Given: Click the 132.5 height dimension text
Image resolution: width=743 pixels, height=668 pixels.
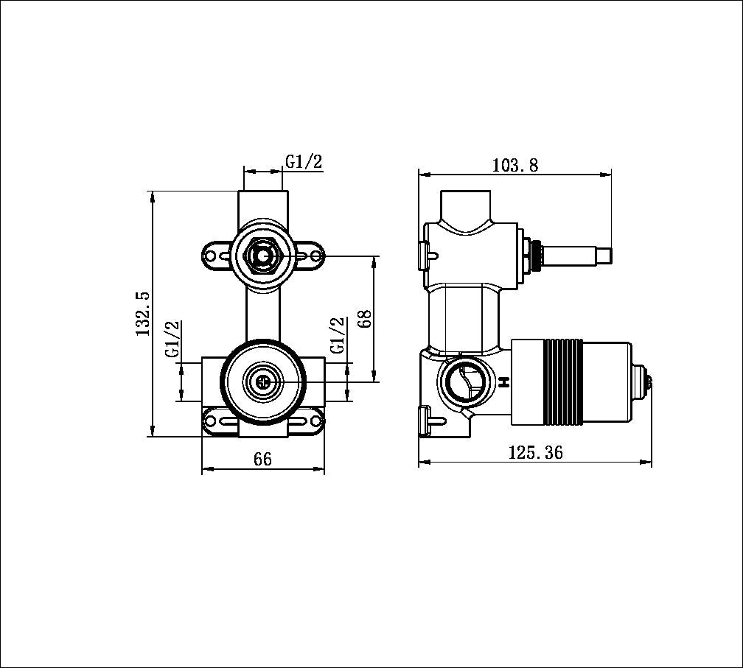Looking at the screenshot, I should click(143, 314).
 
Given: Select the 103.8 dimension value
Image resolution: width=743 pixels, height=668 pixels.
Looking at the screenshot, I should click(514, 165).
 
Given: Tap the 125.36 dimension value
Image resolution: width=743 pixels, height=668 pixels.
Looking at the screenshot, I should click(535, 452).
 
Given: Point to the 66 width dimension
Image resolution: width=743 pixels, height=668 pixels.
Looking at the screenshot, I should click(262, 459).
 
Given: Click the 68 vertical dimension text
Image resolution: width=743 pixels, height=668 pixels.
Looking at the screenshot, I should click(363, 319).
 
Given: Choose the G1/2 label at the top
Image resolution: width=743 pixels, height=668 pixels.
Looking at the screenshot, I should click(304, 162).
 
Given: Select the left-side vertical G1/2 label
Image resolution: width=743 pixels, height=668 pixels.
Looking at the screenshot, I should click(172, 339).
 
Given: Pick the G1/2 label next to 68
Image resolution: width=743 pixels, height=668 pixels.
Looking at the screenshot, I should click(338, 336).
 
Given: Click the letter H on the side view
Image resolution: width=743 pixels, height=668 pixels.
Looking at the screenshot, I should click(504, 382).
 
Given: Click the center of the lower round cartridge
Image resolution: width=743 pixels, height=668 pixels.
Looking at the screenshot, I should click(262, 382).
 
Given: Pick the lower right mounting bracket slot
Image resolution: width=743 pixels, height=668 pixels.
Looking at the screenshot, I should click(310, 421).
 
